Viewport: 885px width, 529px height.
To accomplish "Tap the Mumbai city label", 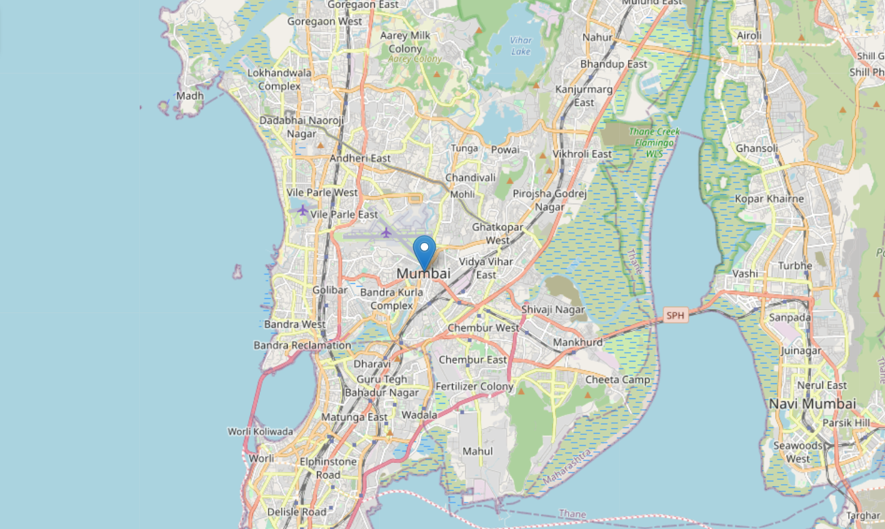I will (423, 274).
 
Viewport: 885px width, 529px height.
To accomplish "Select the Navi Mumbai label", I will (812, 404).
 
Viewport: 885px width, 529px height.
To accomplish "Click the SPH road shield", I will (674, 315).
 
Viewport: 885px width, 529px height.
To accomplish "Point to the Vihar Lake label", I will (521, 46).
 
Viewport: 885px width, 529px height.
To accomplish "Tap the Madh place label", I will (190, 96).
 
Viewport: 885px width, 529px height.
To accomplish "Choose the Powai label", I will (505, 150).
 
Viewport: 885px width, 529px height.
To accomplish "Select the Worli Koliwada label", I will (260, 432).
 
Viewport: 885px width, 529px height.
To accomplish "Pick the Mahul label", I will (477, 451).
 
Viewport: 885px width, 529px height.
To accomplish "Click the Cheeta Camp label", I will (618, 380).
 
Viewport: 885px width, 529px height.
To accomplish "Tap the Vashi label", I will (745, 274).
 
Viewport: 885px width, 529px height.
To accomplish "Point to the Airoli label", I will (749, 35).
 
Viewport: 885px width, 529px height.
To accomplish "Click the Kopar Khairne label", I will (769, 199).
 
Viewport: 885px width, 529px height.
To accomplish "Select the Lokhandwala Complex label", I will (280, 80).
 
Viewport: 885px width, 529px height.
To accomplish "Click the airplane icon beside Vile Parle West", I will (303, 210).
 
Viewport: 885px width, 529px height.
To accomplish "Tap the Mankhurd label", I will (577, 342).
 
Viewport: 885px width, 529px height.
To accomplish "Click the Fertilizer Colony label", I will (475, 387).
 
